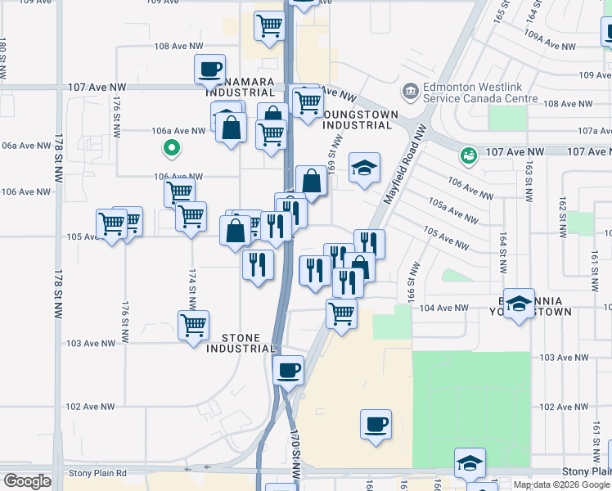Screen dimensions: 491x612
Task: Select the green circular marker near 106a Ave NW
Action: coord(171,148)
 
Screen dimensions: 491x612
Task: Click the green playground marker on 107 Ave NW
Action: coord(468,154)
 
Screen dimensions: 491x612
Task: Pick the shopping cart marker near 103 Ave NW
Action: coord(194,325)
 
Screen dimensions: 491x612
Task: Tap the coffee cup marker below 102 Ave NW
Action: coord(376,424)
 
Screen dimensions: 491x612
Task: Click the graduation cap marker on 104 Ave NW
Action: coord(519,304)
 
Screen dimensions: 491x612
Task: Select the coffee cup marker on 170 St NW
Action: coord(288,370)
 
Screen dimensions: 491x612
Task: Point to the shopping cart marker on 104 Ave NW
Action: coord(341,312)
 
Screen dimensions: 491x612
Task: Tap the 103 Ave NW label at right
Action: coord(565,358)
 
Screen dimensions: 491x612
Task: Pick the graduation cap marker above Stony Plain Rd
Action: coord(470,462)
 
